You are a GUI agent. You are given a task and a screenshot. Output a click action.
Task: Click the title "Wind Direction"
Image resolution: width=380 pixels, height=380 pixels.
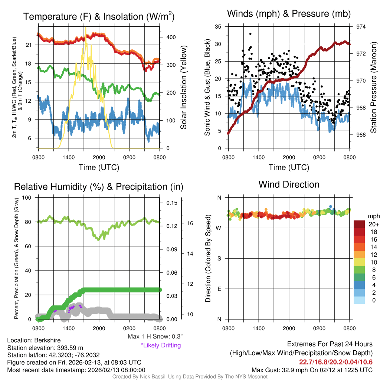point(289,184)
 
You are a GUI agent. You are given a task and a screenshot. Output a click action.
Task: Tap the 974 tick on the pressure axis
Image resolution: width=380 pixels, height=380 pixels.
point(361,27)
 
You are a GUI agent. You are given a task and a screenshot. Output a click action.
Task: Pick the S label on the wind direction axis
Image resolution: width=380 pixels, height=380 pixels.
point(219,258)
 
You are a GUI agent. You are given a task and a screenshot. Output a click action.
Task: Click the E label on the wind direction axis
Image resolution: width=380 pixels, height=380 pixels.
point(219,289)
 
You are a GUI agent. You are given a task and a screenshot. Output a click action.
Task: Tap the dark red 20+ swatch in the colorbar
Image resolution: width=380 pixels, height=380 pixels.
point(359,225)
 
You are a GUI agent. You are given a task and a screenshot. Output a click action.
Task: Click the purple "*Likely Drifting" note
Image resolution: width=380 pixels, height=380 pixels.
point(161,345)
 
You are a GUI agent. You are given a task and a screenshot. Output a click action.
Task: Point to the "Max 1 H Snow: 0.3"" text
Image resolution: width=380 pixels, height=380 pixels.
point(155,337)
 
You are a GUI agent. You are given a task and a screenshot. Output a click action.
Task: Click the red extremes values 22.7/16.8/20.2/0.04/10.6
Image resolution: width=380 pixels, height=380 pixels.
point(336,362)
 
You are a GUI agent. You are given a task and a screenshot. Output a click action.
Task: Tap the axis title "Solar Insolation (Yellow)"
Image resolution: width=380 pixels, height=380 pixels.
point(183,88)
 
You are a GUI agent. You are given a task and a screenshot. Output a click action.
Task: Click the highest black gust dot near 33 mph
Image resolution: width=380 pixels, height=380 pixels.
point(250,34)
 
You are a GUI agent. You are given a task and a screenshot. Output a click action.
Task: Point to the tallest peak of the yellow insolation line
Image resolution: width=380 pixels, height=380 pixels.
point(86,28)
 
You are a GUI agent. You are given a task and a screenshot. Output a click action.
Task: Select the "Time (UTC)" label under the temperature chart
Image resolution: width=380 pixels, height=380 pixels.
point(99,167)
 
